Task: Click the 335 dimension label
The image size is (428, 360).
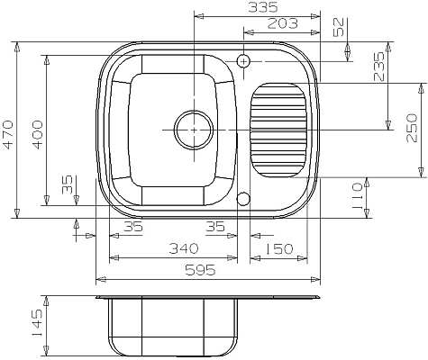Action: click(x=262, y=8)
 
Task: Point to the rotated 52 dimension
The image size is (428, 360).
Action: click(x=340, y=28)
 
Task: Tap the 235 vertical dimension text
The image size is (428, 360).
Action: click(x=378, y=67)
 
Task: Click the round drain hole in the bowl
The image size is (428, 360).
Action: click(x=192, y=129)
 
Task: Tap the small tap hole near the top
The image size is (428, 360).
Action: click(x=243, y=60)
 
